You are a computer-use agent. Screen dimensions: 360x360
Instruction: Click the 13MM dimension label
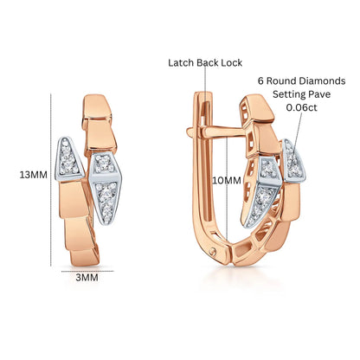[x=33, y=175]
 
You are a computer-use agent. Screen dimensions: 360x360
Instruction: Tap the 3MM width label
[x=87, y=278]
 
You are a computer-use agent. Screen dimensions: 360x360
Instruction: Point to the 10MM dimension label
[x=227, y=181]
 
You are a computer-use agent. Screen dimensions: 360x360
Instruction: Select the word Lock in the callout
[x=232, y=62]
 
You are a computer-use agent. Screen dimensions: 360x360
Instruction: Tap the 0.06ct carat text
[x=301, y=107]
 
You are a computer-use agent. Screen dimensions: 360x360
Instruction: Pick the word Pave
[x=319, y=94]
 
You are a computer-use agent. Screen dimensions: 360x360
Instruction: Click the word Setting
[x=289, y=94]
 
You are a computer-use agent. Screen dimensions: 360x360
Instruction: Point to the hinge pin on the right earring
[x=213, y=252]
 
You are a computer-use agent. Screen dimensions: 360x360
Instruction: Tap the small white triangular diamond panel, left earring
[x=68, y=158]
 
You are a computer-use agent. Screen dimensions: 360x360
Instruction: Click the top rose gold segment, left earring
[x=97, y=106]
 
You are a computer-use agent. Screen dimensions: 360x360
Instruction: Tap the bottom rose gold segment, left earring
[x=85, y=256]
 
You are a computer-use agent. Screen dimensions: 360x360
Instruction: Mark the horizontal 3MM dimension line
[x=87, y=271]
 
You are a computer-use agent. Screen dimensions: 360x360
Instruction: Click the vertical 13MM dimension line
[x=51, y=179]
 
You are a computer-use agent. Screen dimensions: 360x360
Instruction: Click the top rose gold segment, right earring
[x=258, y=108]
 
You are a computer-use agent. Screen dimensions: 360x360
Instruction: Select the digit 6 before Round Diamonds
[x=260, y=80]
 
